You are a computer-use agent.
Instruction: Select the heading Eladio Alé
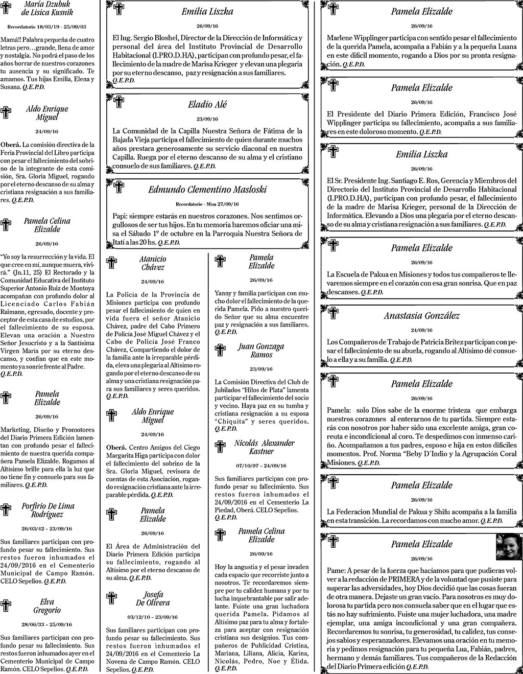[x=207, y=104]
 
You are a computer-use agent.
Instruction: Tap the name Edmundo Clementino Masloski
[x=207, y=190]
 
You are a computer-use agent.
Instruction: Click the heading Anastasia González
[x=421, y=316]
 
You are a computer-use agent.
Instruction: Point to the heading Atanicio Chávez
[x=153, y=263]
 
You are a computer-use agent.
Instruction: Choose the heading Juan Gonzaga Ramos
[x=261, y=351]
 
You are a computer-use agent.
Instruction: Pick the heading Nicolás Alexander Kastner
[x=264, y=447]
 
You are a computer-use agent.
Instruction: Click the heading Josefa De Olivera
[x=153, y=598]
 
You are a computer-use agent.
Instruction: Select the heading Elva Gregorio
[x=47, y=606]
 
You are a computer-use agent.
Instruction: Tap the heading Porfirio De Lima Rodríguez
[x=48, y=510]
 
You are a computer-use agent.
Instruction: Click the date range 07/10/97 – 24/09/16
[x=261, y=466]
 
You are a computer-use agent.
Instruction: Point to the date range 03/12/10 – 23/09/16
[x=153, y=617]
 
